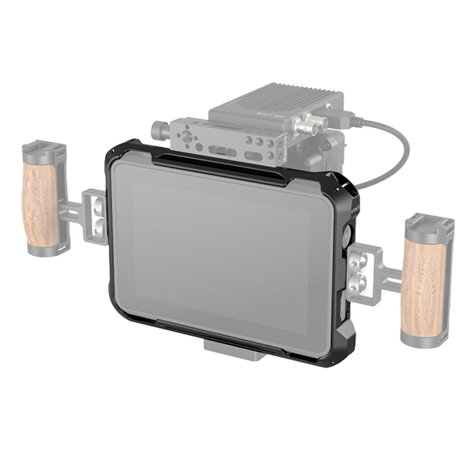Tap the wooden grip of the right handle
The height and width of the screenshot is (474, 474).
425,281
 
